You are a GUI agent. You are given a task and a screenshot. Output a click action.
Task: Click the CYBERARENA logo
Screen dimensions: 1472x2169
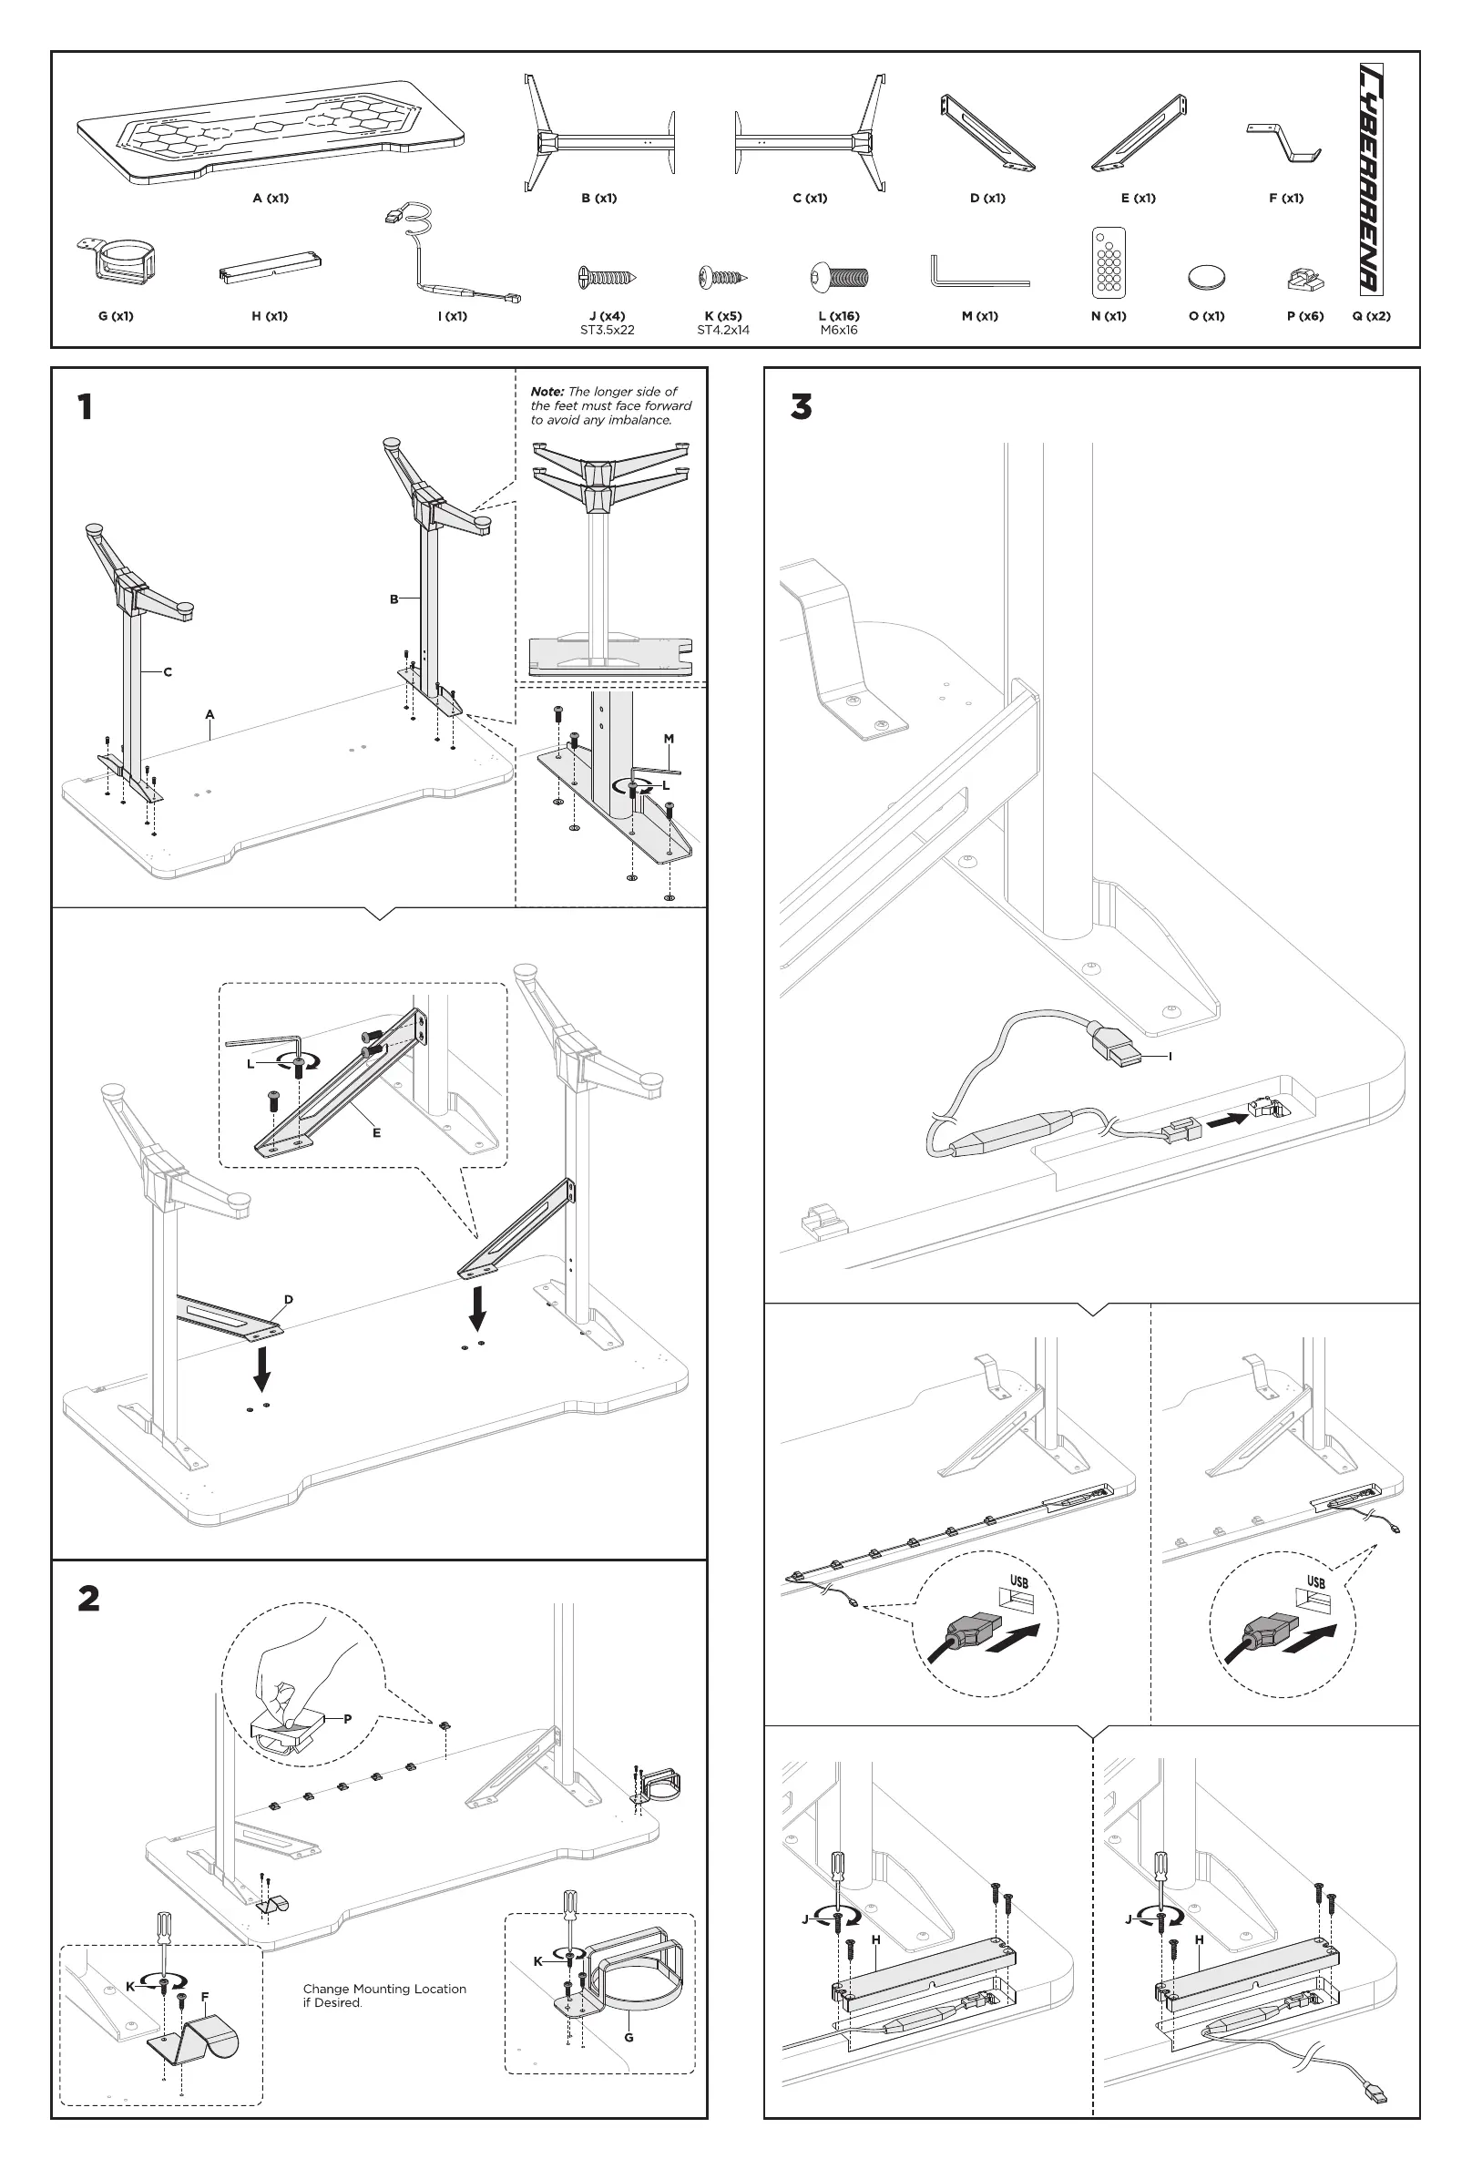click(1370, 179)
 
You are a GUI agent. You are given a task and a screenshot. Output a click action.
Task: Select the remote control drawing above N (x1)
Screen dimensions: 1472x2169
click(1108, 262)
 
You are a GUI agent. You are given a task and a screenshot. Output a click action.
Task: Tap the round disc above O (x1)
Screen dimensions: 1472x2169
click(1206, 277)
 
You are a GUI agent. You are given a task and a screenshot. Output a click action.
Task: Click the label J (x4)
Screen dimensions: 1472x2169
click(607, 315)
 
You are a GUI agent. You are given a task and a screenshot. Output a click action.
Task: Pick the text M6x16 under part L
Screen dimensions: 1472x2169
click(838, 331)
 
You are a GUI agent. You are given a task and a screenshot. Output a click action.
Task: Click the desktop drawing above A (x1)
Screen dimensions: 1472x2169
click(271, 130)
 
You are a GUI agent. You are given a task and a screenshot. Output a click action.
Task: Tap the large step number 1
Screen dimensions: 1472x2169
click(85, 407)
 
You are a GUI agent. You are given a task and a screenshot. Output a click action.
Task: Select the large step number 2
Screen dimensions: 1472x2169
click(88, 1599)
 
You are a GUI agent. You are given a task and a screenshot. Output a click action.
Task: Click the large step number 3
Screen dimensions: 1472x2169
click(801, 407)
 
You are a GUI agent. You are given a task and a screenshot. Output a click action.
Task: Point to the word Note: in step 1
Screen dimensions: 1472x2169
click(547, 392)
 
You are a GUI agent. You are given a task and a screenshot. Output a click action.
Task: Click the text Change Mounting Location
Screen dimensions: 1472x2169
click(384, 1989)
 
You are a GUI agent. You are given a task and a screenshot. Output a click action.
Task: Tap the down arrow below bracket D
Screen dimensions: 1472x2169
click(262, 1368)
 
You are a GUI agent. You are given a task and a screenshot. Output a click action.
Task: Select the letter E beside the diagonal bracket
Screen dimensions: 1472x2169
click(376, 1133)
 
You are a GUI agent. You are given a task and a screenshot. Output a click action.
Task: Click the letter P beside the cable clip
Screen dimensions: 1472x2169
click(347, 1719)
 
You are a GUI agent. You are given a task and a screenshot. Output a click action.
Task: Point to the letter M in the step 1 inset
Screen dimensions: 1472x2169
click(669, 739)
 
